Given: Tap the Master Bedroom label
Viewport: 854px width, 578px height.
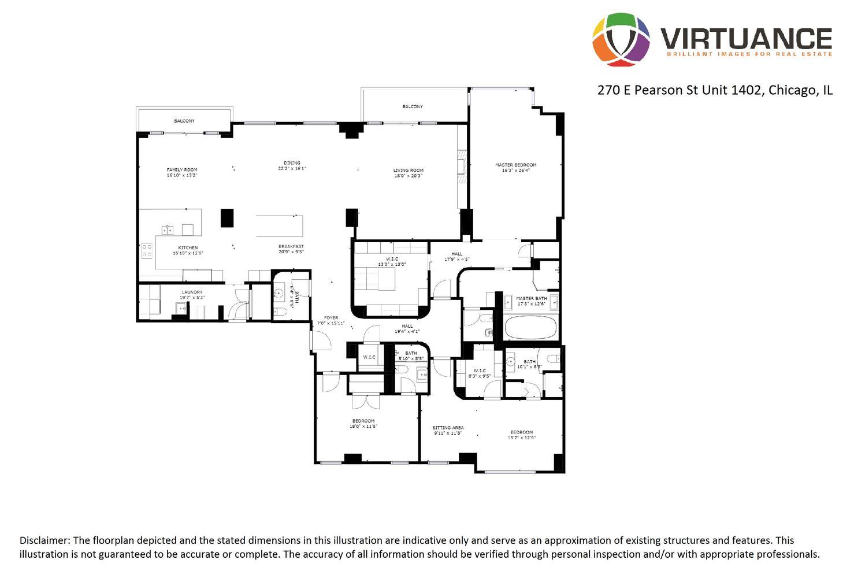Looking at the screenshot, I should pos(515,165).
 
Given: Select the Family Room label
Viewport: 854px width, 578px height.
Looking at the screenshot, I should pos(182,170).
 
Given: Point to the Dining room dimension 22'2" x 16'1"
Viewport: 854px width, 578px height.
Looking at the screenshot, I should pos(292,169).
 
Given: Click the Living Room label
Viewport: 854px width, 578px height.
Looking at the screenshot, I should pos(409,171).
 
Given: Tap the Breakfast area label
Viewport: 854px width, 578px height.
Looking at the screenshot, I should pos(291,246).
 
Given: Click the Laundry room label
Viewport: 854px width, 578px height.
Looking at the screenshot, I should pos(192,292).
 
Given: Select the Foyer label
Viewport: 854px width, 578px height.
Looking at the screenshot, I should pos(331,317).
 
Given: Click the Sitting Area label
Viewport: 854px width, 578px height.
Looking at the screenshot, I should pos(448,428).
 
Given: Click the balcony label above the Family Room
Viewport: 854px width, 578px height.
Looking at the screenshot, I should pos(184,121).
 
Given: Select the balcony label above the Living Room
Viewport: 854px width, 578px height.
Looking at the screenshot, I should pos(413,106).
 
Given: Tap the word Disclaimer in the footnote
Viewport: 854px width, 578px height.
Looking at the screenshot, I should pos(44,540).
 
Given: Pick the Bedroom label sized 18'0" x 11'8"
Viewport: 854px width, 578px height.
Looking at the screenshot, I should pos(363,421).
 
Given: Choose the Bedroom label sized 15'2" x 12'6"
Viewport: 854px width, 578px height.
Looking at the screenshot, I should pos(521,432).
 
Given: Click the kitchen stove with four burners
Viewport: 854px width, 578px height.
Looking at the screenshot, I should pos(147,250).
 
